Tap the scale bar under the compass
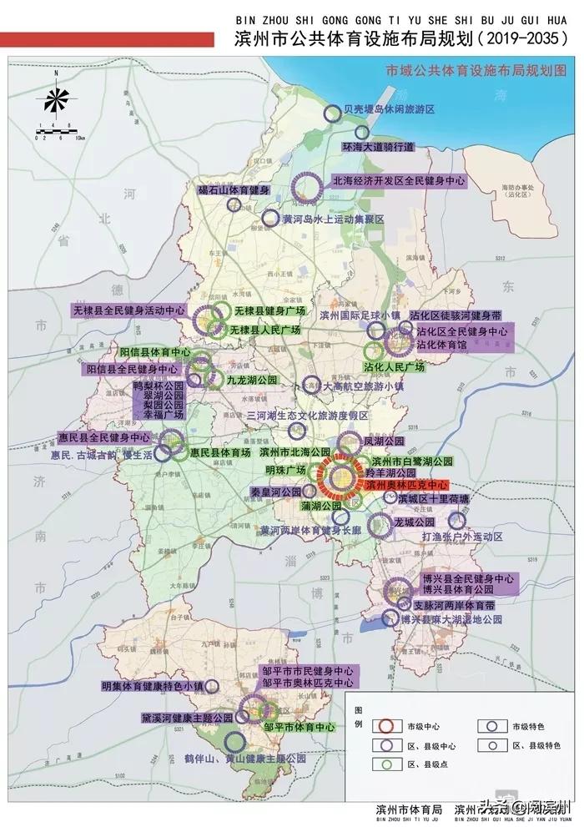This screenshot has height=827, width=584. tap(56, 131)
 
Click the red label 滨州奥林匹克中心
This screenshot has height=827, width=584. tap(405, 484)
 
